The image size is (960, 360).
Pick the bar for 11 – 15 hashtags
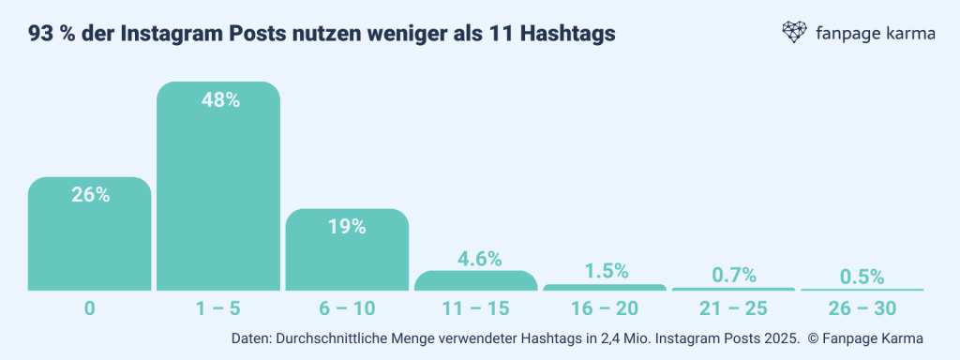pos(475,281)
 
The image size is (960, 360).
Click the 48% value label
pos(221,100)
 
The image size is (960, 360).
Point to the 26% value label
pos(91,195)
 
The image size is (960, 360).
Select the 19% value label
pos(347,226)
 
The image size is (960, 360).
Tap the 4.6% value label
pos(478,258)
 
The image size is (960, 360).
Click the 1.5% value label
pos(605,271)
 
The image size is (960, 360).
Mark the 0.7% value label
pos(733,275)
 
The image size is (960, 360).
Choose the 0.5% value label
pos(862,277)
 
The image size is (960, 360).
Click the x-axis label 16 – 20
pos(605,307)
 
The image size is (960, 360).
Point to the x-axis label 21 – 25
pos(733,307)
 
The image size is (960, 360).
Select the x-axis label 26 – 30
pos(862,307)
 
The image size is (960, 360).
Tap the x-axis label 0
pos(89,307)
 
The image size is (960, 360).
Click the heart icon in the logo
pos(795,34)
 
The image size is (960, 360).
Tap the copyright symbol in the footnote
pos(812,337)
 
